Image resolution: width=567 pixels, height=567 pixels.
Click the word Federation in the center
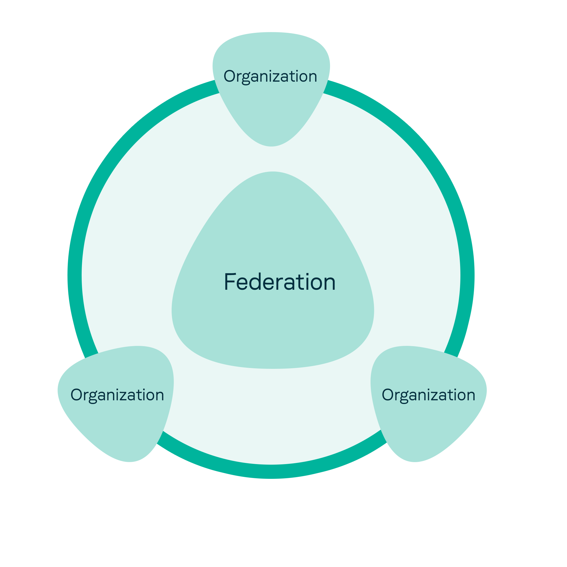click(x=280, y=282)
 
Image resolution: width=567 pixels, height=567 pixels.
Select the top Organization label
click(x=270, y=76)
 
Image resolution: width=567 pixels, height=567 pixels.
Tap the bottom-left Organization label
click(x=117, y=395)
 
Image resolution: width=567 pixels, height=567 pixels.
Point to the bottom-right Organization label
click(x=428, y=395)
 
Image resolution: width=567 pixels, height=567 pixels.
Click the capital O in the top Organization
click(x=230, y=76)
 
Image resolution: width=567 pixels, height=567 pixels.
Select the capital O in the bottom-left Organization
click(x=77, y=395)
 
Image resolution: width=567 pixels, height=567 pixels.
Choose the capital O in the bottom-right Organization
click(x=388, y=395)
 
